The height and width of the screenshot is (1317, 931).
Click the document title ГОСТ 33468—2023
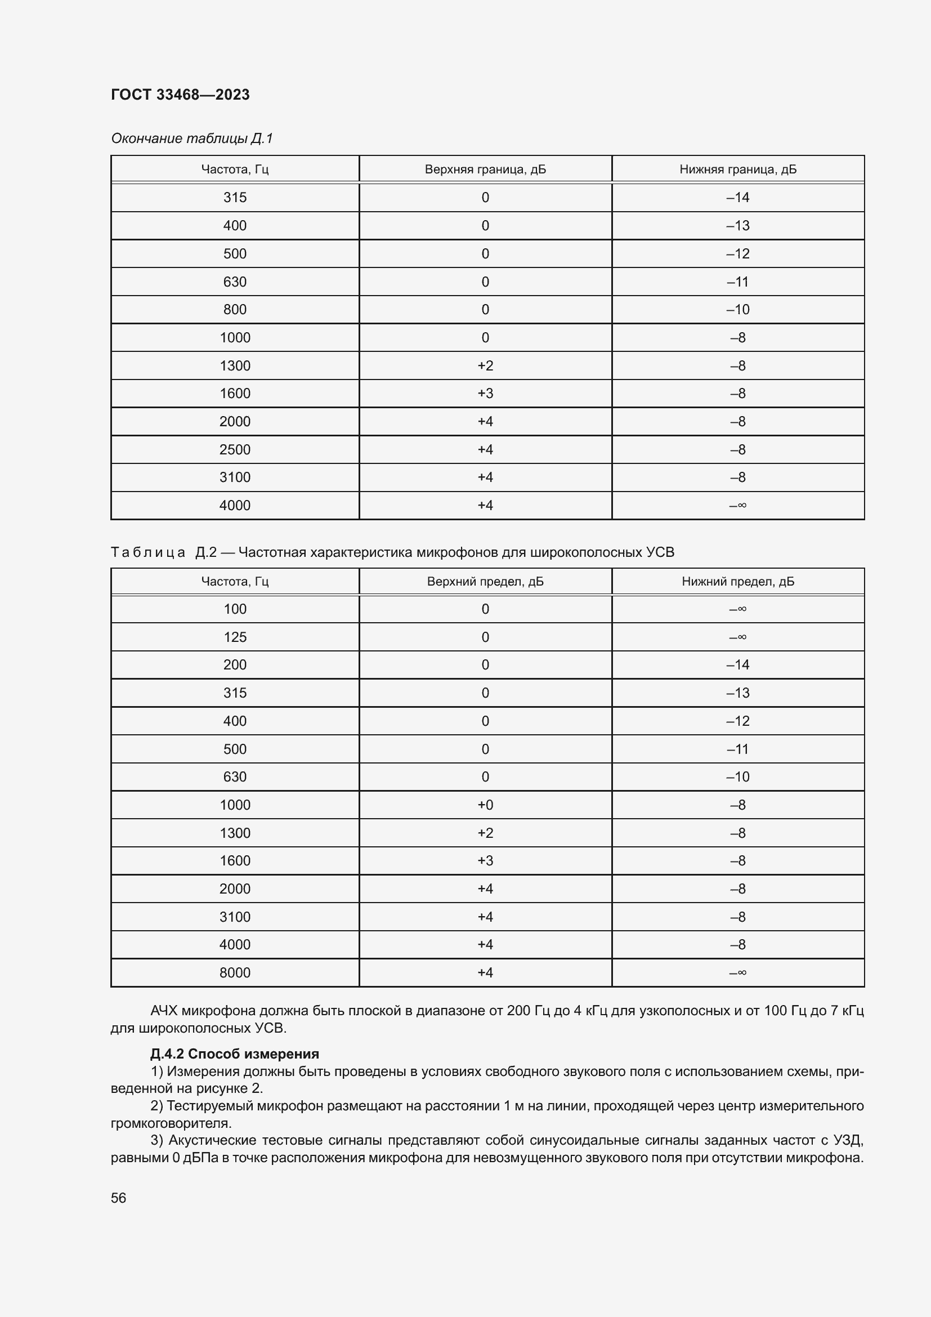[180, 95]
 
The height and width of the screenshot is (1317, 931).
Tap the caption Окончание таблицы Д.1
[192, 139]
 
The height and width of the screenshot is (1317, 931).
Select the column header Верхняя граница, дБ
[485, 169]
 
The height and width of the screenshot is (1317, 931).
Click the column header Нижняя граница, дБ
[738, 169]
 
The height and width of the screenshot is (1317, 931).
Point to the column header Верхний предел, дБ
[485, 582]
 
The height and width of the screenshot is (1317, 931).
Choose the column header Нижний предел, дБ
[738, 582]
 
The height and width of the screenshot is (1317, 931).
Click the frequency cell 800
[235, 310]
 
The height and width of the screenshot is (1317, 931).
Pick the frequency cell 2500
[235, 450]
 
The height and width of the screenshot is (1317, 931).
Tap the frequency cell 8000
[235, 972]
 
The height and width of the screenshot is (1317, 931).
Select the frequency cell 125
[235, 637]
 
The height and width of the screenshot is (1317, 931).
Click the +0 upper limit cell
[485, 805]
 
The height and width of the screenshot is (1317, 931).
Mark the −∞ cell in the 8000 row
[738, 972]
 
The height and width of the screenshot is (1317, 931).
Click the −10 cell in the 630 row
[738, 776]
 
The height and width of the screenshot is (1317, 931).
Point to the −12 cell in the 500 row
[738, 253]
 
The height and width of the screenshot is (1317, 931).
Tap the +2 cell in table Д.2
[485, 833]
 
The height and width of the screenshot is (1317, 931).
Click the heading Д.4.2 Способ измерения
[235, 1053]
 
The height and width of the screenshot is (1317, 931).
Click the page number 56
[119, 1198]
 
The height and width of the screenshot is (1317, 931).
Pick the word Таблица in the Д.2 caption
[148, 552]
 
